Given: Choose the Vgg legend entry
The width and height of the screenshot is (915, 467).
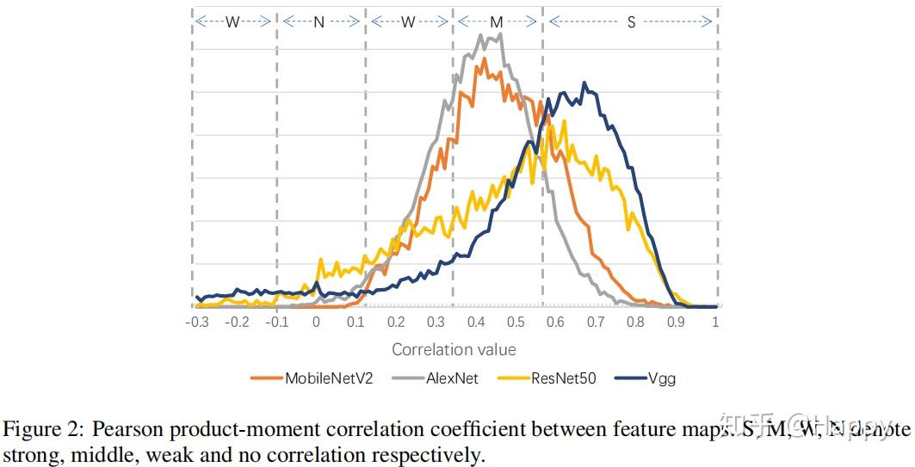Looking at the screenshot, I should [660, 378].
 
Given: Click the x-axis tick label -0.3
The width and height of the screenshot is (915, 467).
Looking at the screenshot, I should [196, 323].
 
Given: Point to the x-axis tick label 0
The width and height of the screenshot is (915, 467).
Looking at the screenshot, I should [316, 323].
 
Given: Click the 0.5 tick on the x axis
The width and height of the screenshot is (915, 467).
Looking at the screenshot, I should [516, 323].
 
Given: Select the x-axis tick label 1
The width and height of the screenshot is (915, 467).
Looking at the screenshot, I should [715, 323].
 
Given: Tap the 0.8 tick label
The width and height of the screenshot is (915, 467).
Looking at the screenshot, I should [635, 323].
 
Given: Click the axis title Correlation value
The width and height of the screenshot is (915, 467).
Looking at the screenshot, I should [454, 350].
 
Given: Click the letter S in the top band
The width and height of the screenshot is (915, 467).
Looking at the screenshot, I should [631, 22].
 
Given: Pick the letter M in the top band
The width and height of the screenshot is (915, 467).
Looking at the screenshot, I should [497, 22].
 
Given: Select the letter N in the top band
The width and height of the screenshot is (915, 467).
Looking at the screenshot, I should [318, 22].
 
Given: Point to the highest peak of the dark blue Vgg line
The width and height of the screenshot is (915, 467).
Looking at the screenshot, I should [584, 83].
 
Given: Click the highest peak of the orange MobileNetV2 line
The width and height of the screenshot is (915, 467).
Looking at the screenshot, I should [485, 58].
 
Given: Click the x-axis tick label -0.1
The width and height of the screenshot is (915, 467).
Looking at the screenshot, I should [276, 323].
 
